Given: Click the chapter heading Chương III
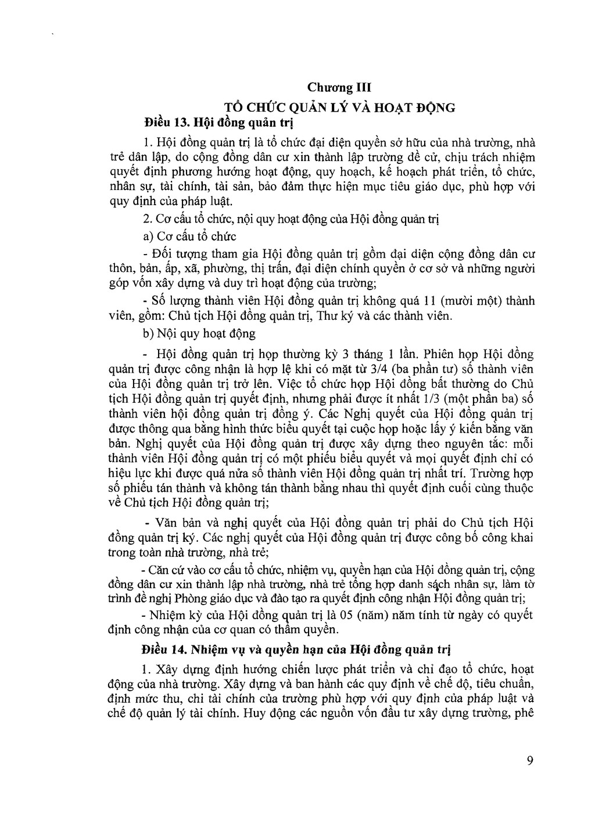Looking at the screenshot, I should click(x=339, y=88).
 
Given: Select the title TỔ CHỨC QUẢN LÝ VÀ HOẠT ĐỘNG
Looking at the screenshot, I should click(x=339, y=108).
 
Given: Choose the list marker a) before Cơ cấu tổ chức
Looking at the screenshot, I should click(x=147, y=237).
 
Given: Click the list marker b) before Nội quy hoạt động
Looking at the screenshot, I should click(x=147, y=334).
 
